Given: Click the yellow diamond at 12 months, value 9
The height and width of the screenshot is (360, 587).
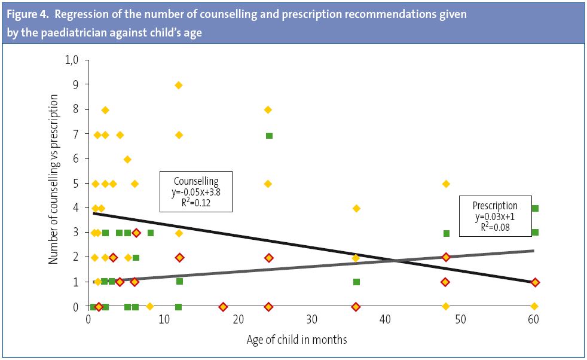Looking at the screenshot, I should coord(178,86).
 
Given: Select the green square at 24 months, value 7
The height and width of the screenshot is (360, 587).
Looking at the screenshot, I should coord(269,136).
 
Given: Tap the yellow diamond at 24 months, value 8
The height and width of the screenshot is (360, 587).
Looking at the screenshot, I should coord(268,110).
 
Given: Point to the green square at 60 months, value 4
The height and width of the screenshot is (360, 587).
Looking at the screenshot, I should coord(535,208).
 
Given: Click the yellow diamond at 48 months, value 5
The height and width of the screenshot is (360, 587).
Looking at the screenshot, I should coord(445,184).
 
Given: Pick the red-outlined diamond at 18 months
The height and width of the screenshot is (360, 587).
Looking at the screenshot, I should coord(223,307).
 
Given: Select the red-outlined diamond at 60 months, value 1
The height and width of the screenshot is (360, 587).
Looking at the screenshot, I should coord(535,282).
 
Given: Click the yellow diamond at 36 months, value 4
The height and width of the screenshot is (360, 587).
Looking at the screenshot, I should coord(356,208).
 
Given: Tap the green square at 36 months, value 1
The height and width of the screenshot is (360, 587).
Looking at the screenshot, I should coord(356,282).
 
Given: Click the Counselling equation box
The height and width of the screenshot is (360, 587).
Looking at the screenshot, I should coord(196,191).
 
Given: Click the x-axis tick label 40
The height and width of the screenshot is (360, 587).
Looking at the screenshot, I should coord(386,321).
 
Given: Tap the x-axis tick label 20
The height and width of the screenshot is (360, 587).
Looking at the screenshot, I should coord(237,321).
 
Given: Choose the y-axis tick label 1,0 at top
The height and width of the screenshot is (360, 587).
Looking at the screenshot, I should coord(72,60).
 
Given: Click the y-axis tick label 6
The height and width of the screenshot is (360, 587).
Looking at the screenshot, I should coord(77,159).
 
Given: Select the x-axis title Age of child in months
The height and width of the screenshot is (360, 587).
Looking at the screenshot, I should coord(296,340).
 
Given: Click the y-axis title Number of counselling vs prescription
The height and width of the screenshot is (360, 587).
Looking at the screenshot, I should coord(54,183).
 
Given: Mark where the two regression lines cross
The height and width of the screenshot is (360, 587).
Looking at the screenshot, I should coord(395,260).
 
